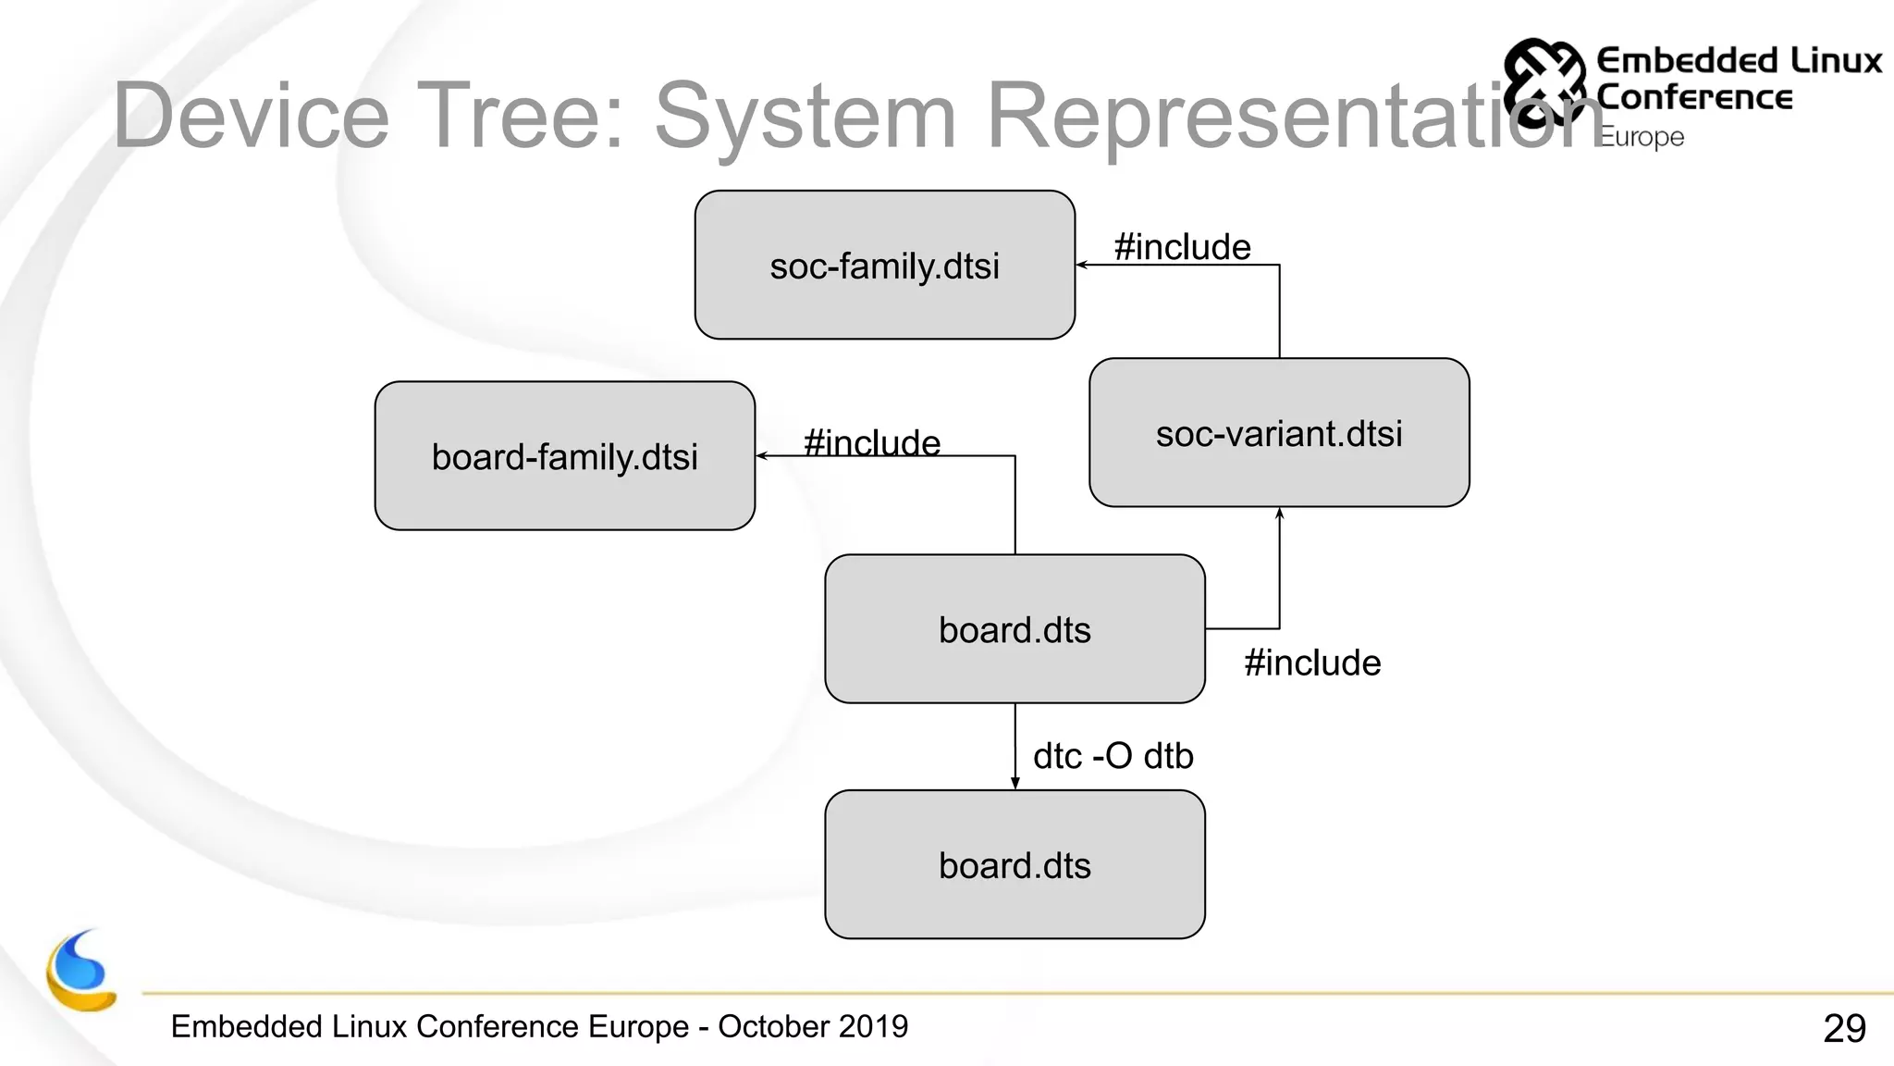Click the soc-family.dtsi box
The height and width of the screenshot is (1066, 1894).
coord(884,266)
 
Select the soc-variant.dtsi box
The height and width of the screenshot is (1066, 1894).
coord(1279,433)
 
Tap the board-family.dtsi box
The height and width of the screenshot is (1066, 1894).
coord(564,456)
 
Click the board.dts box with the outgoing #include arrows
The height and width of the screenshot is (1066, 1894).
coord(1015,629)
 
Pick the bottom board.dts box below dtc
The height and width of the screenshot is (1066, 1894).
coord(1015,865)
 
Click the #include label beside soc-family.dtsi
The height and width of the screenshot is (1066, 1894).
coord(1182,247)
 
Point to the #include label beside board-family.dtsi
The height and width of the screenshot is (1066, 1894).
coord(871,442)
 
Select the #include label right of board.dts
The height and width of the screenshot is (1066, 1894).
coord(1311,663)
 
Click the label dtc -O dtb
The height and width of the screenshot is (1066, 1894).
coord(1113,756)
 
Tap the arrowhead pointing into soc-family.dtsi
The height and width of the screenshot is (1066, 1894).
coord(1081,266)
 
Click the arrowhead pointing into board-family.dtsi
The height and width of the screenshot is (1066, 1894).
coord(761,456)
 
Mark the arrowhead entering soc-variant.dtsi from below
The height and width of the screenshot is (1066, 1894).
coord(1280,514)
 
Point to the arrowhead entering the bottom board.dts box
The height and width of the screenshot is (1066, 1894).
coord(1015,784)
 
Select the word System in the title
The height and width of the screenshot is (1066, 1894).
coord(805,116)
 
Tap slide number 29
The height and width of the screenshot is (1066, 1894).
coord(1844,1028)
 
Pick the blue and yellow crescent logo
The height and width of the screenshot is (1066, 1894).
coord(81,972)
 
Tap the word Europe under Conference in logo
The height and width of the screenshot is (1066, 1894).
coord(1642,137)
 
